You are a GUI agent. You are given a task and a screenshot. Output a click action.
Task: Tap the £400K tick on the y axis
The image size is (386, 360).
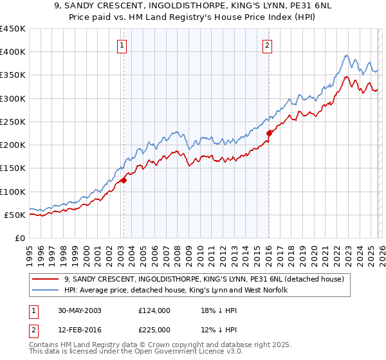pyautogui.click(x=13, y=52)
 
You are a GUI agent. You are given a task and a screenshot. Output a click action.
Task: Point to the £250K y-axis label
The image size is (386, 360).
pyautogui.click(x=13, y=122)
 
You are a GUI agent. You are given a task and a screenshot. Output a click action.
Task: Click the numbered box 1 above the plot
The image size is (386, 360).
pyautogui.click(x=122, y=45)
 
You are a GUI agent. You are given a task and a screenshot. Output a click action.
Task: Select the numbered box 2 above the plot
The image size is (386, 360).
pyautogui.click(x=266, y=45)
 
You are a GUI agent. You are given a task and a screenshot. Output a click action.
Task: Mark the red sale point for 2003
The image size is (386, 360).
pyautogui.click(x=124, y=180)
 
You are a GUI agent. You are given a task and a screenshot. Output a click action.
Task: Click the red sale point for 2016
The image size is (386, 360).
pyautogui.click(x=269, y=134)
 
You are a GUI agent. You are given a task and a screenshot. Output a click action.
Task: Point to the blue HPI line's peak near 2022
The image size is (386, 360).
pyautogui.click(x=346, y=56)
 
